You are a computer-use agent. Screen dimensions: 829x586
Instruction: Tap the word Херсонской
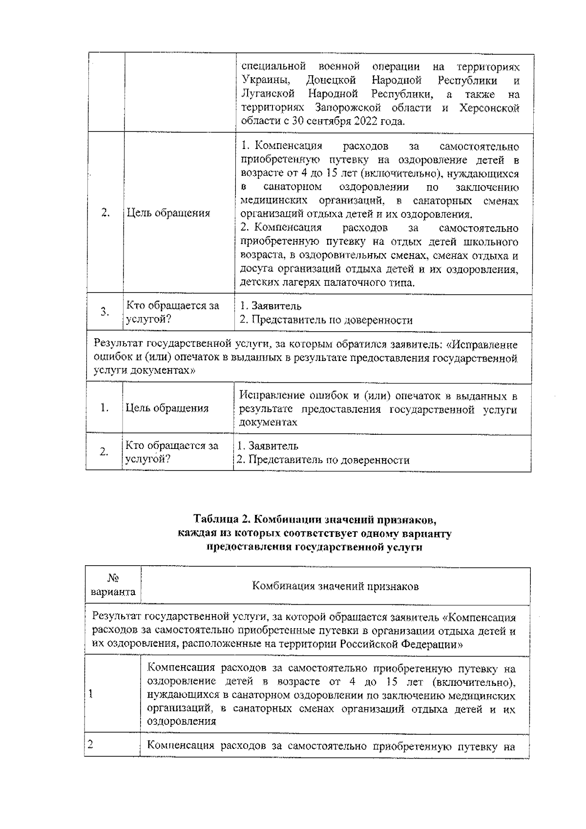click(x=489, y=107)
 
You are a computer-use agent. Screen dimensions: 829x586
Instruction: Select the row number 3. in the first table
click(x=105, y=312)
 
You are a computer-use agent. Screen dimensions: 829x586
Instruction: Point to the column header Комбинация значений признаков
click(x=335, y=586)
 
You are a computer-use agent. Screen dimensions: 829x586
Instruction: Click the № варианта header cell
click(x=113, y=585)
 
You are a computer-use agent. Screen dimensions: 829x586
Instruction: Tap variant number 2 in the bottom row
click(x=90, y=745)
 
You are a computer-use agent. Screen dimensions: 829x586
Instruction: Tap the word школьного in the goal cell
click(x=493, y=242)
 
